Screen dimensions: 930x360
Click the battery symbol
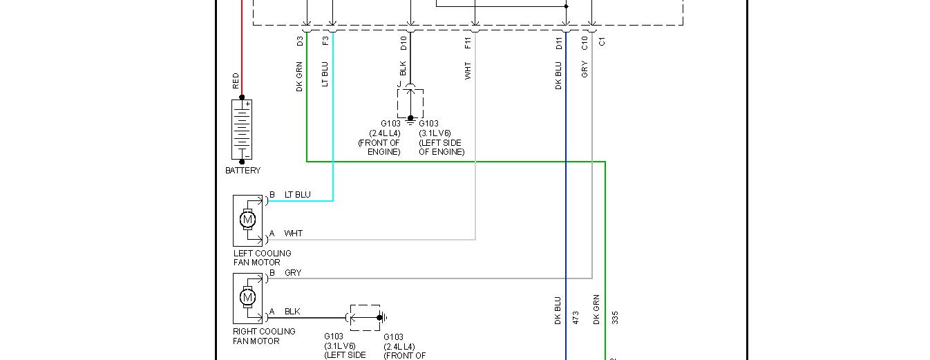(242, 130)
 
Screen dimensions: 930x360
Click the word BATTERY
(243, 171)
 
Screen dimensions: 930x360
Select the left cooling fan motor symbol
(248, 220)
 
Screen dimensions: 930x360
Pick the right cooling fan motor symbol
(248, 299)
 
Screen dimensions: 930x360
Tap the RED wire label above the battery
(236, 81)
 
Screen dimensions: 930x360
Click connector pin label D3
(300, 41)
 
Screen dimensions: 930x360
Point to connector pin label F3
(325, 41)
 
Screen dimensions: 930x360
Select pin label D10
(404, 44)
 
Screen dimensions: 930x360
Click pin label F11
(468, 43)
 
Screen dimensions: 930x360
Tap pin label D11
(559, 44)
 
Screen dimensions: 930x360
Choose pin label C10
(585, 44)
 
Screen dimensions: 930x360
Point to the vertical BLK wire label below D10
(403, 69)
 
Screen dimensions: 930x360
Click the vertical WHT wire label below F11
(468, 70)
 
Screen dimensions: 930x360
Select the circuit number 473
(575, 317)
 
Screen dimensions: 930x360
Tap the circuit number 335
(614, 317)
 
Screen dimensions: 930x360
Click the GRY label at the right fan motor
(293, 273)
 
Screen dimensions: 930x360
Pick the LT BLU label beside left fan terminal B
(298, 195)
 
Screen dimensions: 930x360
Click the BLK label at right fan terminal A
(292, 312)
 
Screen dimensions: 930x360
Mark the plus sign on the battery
(247, 104)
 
